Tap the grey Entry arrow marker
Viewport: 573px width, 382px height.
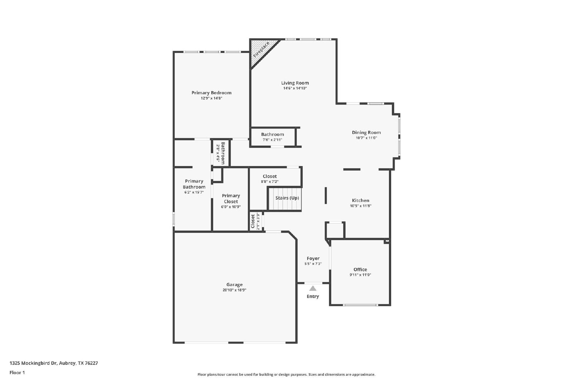313,289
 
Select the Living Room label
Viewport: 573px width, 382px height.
295,83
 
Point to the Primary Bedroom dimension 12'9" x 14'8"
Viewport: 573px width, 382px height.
211,98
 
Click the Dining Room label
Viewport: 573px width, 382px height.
366,132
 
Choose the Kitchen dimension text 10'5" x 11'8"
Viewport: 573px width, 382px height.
361,206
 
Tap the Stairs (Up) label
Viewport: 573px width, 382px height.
287,198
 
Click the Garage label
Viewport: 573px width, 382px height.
234,285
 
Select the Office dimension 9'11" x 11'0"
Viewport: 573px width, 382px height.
360,275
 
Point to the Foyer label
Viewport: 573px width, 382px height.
313,258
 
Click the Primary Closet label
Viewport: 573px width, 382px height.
231,199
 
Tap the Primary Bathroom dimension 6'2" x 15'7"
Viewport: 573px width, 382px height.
194,192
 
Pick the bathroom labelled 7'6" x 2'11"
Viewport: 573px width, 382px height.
273,137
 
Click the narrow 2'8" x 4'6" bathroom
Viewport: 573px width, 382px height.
221,153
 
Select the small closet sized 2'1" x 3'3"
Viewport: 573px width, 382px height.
255,221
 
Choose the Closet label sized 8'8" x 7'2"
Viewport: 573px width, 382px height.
270,177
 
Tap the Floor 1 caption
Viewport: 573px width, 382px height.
17,373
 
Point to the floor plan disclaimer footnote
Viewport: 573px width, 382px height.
286,374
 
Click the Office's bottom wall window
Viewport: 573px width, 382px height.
360,305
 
